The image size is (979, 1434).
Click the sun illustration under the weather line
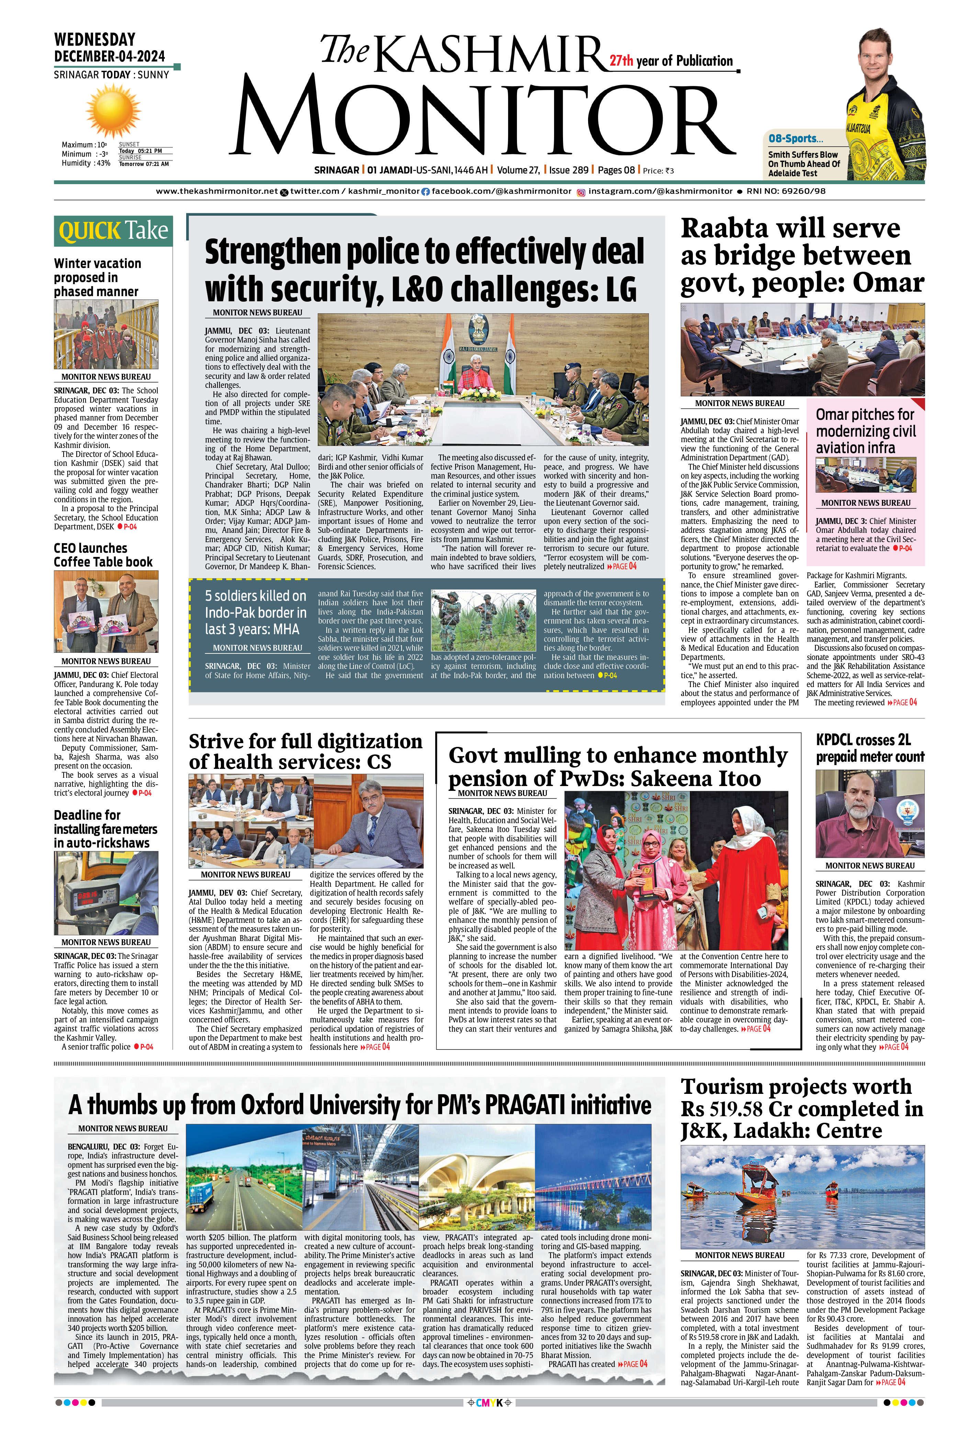(x=113, y=112)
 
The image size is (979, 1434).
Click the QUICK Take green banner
(x=113, y=231)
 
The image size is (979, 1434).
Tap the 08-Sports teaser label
(x=796, y=139)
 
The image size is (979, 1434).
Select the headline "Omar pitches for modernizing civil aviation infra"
(x=866, y=431)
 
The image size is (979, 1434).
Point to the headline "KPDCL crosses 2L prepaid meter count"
(x=870, y=748)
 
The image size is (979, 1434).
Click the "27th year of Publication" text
(x=671, y=60)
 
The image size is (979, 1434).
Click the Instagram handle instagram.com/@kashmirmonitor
(x=660, y=191)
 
